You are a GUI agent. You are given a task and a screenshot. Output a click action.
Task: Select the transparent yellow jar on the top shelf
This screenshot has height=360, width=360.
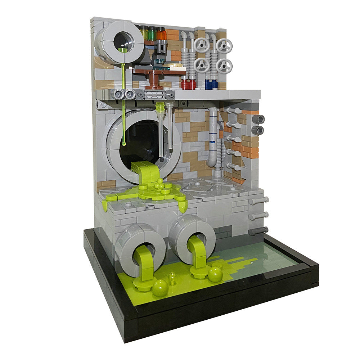point(144,33)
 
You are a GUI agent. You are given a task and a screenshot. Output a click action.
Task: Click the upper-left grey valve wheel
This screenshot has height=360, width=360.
point(201,45)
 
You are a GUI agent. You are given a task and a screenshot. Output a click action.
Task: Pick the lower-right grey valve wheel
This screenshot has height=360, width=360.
point(224,66)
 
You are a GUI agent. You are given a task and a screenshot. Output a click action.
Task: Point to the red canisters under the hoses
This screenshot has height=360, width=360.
point(188,84)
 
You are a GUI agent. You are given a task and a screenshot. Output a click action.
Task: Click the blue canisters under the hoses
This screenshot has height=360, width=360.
point(211,84)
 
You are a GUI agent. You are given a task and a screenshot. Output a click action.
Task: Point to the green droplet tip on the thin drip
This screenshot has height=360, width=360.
point(124,144)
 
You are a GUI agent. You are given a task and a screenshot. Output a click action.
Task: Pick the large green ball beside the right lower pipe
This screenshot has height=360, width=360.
point(215,274)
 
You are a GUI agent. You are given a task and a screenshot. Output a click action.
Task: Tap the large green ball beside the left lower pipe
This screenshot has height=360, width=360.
point(160,288)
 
